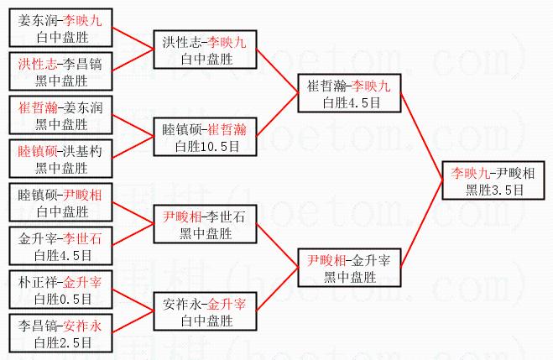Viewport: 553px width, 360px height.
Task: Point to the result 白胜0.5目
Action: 60,297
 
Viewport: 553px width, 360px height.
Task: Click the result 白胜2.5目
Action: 60,342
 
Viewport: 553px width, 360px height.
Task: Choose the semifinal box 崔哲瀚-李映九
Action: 349,93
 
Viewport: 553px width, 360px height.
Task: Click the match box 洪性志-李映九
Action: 205,49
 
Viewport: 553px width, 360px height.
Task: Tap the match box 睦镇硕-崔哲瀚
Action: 205,137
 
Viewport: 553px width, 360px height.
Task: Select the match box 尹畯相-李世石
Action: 205,224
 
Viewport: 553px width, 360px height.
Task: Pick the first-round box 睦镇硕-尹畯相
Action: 61,203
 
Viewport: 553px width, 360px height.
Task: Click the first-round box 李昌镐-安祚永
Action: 61,334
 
